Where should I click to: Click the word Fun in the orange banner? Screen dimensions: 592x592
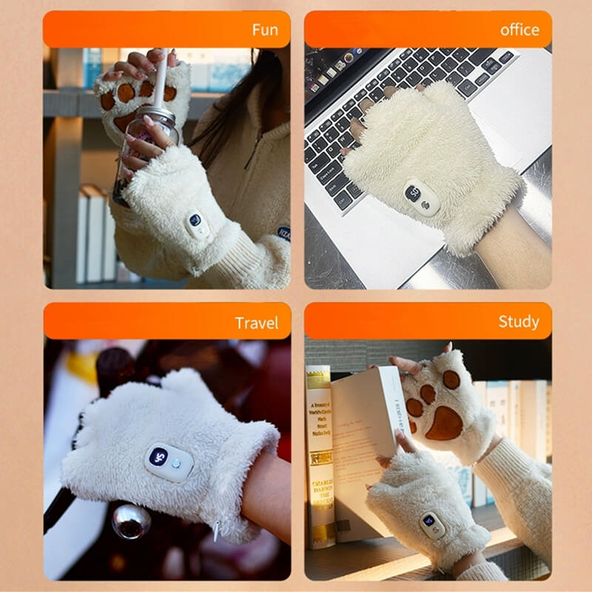[x=265, y=30]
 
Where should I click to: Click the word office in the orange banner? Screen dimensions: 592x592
[x=519, y=30]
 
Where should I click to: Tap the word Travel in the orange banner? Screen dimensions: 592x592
[x=257, y=323]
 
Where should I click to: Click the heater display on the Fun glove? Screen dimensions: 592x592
[x=196, y=221]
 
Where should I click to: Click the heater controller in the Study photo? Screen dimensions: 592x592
[x=431, y=523]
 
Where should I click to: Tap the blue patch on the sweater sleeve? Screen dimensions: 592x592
[x=283, y=232]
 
